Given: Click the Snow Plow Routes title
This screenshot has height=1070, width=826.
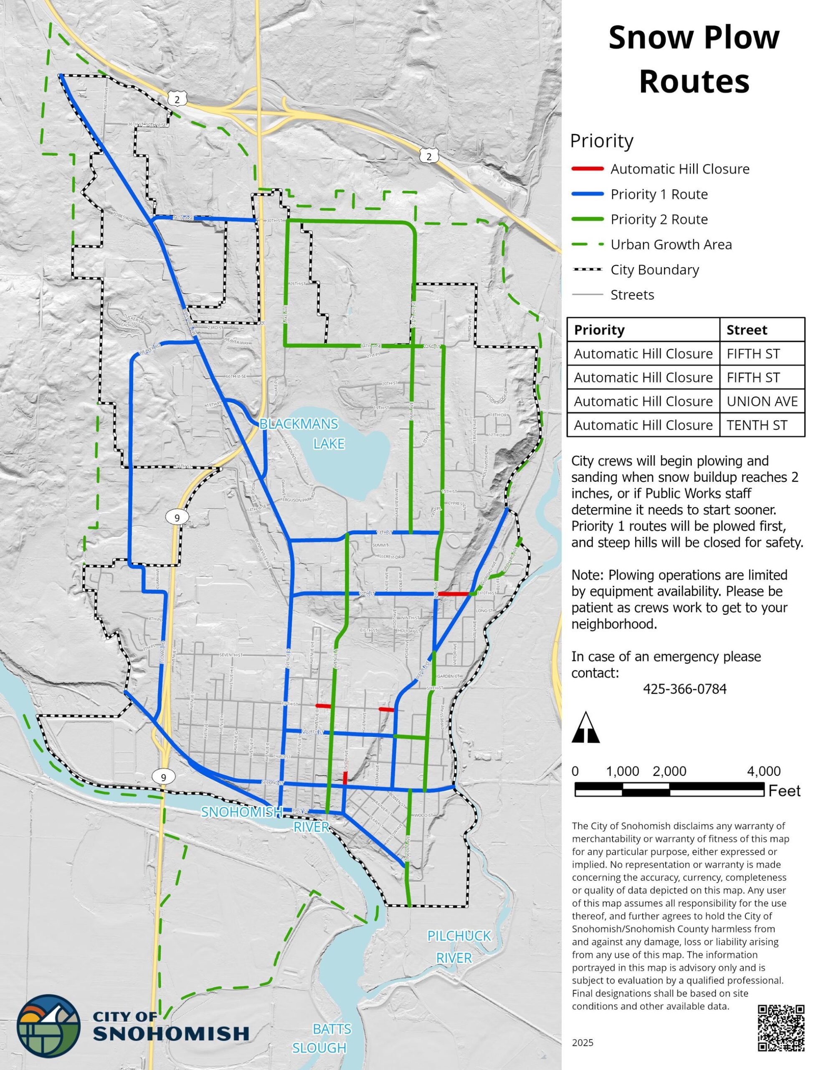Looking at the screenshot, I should (x=693, y=59).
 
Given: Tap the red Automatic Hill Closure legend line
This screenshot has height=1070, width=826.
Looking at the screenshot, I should (x=588, y=169).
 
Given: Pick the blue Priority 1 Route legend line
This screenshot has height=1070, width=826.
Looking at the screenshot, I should (x=588, y=194).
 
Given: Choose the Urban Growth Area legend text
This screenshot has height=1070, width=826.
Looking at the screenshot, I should (x=671, y=245).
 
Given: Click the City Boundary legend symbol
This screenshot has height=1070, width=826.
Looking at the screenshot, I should (x=588, y=270).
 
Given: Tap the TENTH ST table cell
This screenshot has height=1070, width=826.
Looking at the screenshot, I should (x=757, y=425).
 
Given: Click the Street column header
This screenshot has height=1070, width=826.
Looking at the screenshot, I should (x=747, y=330).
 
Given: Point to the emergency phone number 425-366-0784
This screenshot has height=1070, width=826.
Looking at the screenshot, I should (x=684, y=689).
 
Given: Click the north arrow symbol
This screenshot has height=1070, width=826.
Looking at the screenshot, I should (x=585, y=728).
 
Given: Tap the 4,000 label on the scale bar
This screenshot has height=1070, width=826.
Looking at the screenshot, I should (x=764, y=771).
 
